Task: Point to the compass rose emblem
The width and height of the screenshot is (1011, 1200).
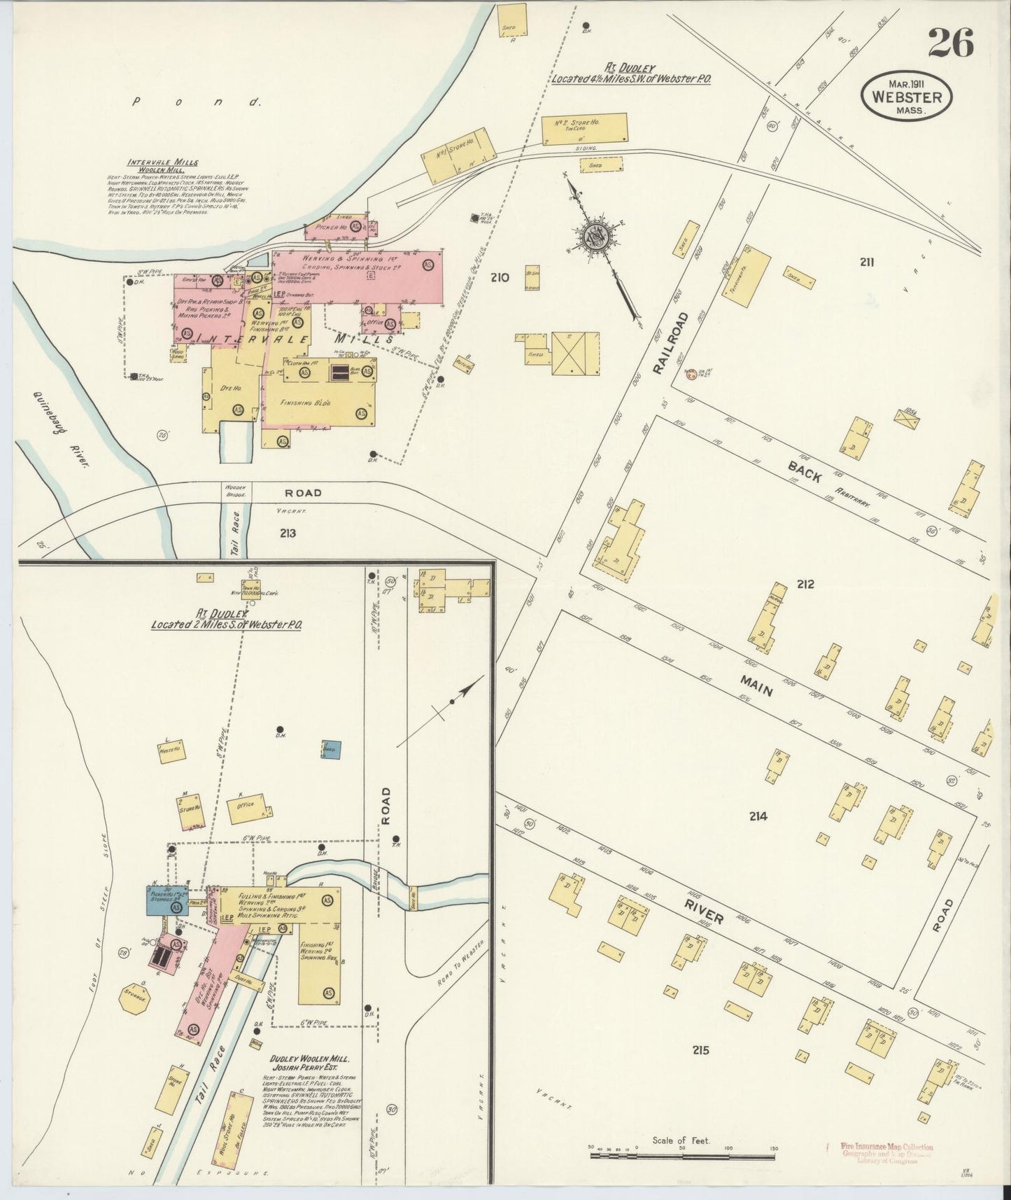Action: [593, 239]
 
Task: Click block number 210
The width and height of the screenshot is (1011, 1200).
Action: [500, 278]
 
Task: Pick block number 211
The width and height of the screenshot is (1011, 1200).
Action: [868, 263]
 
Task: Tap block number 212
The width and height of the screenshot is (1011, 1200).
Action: [805, 584]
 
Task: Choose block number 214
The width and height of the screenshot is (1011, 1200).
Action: [758, 816]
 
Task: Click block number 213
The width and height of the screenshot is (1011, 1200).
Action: [287, 533]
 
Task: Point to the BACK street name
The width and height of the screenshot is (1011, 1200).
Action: [805, 471]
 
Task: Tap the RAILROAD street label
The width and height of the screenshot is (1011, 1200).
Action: [672, 343]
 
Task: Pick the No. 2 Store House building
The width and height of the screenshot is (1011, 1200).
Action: [584, 130]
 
